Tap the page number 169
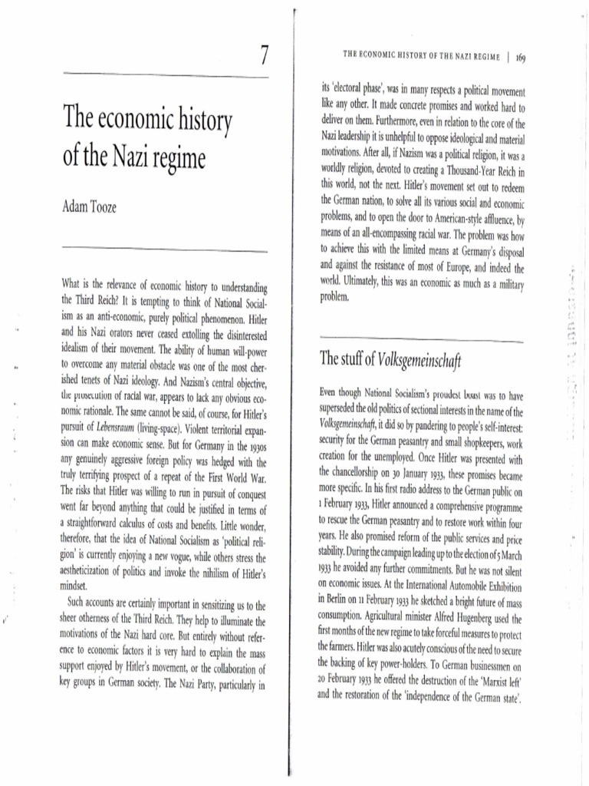pos(521,57)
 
